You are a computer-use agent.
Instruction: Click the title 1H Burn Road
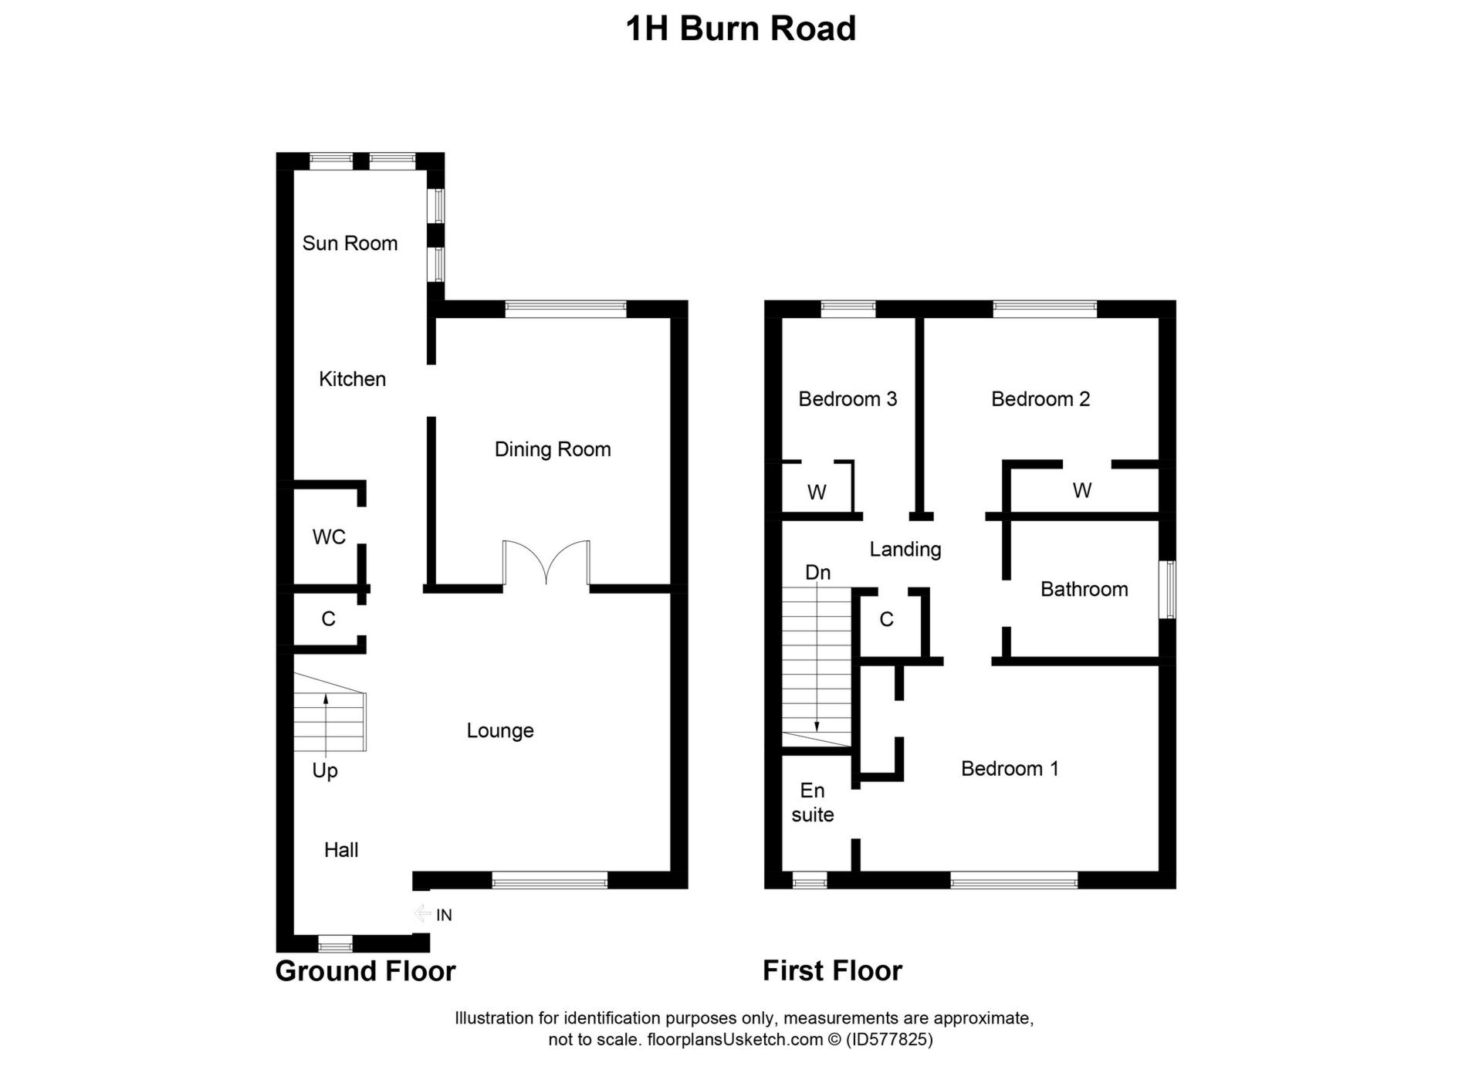[x=740, y=29]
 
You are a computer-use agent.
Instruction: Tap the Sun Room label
[x=350, y=243]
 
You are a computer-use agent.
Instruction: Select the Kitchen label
[x=352, y=379]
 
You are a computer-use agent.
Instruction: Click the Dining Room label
[x=553, y=449]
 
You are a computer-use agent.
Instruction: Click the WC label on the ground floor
[x=329, y=537]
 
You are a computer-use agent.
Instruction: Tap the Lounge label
[x=500, y=730]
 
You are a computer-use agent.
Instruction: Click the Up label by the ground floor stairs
[x=325, y=770]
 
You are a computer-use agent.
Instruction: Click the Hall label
[x=341, y=850]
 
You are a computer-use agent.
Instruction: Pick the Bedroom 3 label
[x=848, y=399]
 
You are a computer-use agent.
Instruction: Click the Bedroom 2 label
[x=1040, y=399]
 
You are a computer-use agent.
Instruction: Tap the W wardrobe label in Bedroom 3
[x=817, y=493]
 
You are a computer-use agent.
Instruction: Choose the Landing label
[x=905, y=550]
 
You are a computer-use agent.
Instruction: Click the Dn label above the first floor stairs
[x=817, y=573]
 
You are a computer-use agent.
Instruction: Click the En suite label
[x=813, y=803]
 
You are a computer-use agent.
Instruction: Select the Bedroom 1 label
[x=1010, y=769]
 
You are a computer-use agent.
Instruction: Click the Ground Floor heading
[x=365, y=971]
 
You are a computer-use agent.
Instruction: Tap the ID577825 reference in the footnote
[x=889, y=1039]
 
